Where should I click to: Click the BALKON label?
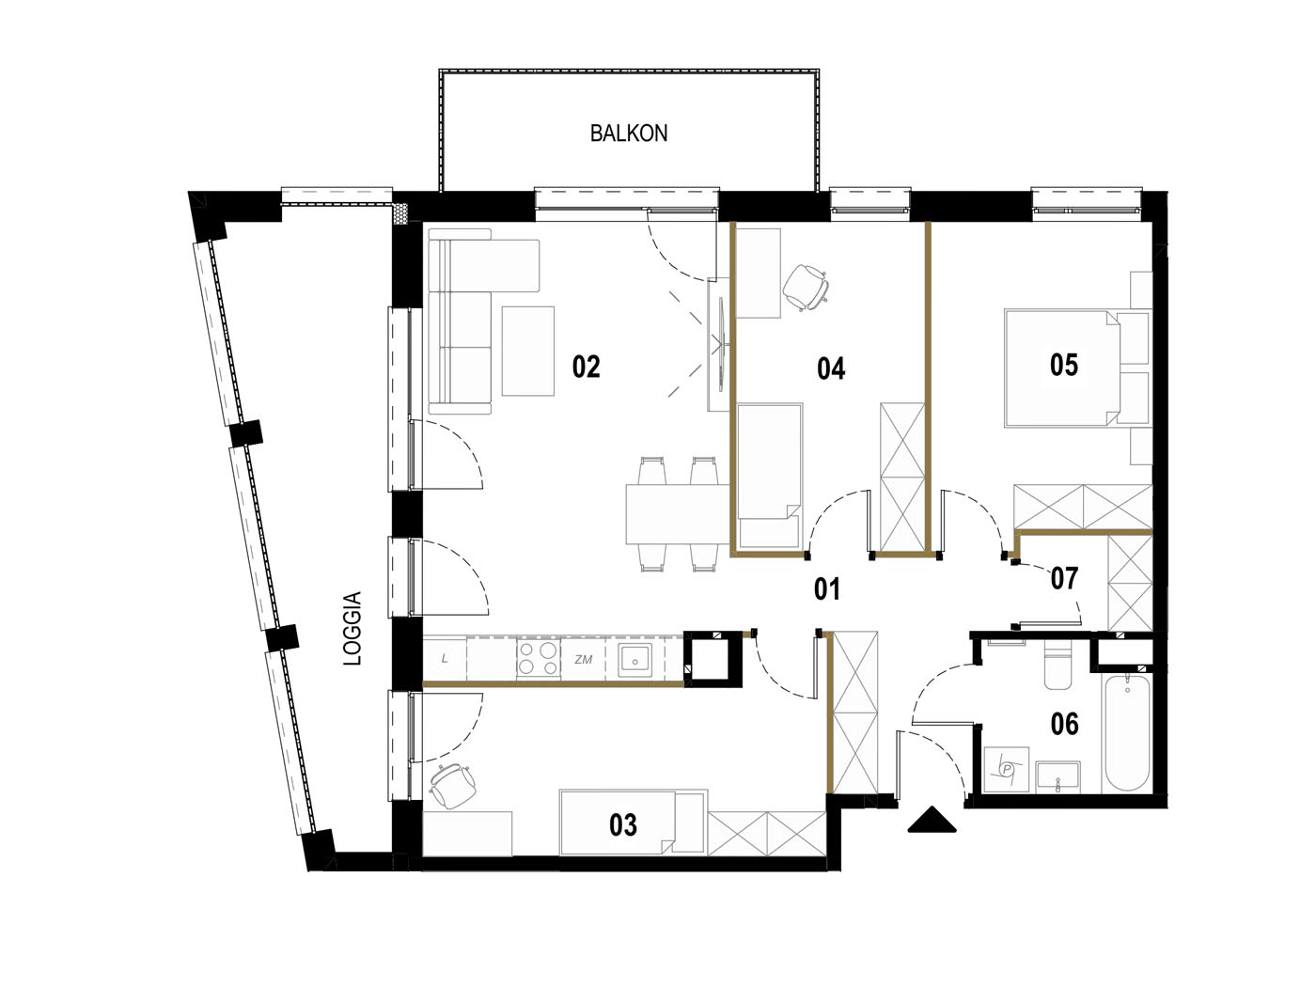[628, 133]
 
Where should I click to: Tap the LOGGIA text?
[352, 628]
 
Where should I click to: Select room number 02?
[586, 367]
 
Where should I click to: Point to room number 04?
[831, 368]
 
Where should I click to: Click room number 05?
[1063, 365]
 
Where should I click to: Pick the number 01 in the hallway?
[827, 589]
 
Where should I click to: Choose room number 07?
[1064, 578]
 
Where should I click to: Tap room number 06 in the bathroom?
[1065, 724]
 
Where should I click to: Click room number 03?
[623, 825]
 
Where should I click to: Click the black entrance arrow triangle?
[932, 820]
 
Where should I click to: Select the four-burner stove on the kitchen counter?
[538, 658]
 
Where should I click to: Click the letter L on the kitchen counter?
[445, 659]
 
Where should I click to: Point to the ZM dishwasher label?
[583, 659]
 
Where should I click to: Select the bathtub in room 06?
[1127, 733]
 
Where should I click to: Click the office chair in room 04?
[807, 287]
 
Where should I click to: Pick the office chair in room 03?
[453, 786]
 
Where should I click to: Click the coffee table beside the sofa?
[527, 352]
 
